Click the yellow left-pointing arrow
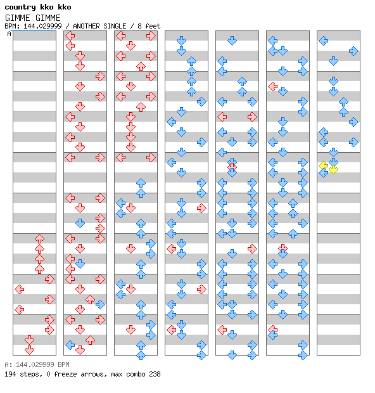tap(324, 165)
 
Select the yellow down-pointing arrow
tap(333, 169)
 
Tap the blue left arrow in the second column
tap(70, 345)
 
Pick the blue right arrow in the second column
tap(100, 304)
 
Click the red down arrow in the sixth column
tap(283, 248)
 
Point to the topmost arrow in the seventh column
tap(324, 41)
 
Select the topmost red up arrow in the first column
tap(39, 238)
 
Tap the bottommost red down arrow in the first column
tap(30, 350)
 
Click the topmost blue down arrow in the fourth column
tap(181, 41)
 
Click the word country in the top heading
tap(20, 7)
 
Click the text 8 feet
tap(149, 26)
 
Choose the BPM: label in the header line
tap(12, 26)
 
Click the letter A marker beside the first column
tap(10, 34)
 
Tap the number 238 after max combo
tap(155, 374)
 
